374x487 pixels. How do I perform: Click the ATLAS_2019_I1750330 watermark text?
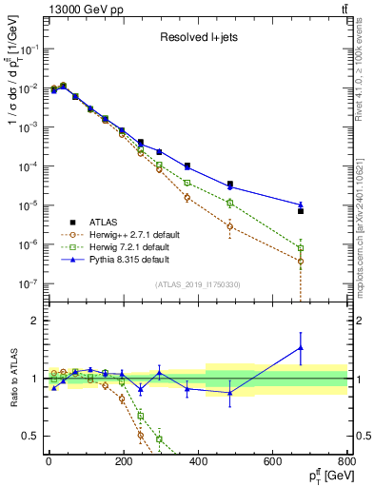click(x=197, y=284)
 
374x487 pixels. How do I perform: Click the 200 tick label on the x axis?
click(x=123, y=462)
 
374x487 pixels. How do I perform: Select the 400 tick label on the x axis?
click(x=197, y=462)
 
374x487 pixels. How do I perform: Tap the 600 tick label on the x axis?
click(x=271, y=462)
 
